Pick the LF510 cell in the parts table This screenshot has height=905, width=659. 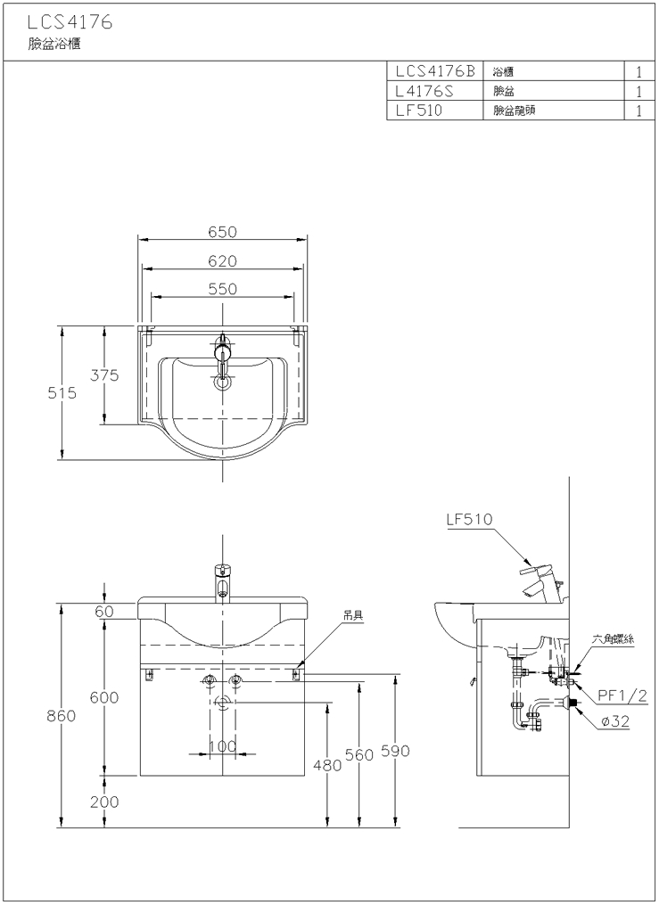[x=418, y=111]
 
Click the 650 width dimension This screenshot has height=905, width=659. [x=222, y=232]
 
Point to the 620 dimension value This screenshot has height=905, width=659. [x=222, y=260]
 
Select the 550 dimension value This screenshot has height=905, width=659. [x=222, y=289]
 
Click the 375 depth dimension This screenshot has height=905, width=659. [x=104, y=375]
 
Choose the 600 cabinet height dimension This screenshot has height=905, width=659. [x=104, y=698]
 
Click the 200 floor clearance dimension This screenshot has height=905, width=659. [x=104, y=802]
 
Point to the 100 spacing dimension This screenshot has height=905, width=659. [x=222, y=745]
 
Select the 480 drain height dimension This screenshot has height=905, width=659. [x=327, y=765]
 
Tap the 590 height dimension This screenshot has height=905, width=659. [x=394, y=752]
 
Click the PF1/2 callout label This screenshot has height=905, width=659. [x=622, y=695]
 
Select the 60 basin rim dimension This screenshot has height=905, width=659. [x=104, y=611]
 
